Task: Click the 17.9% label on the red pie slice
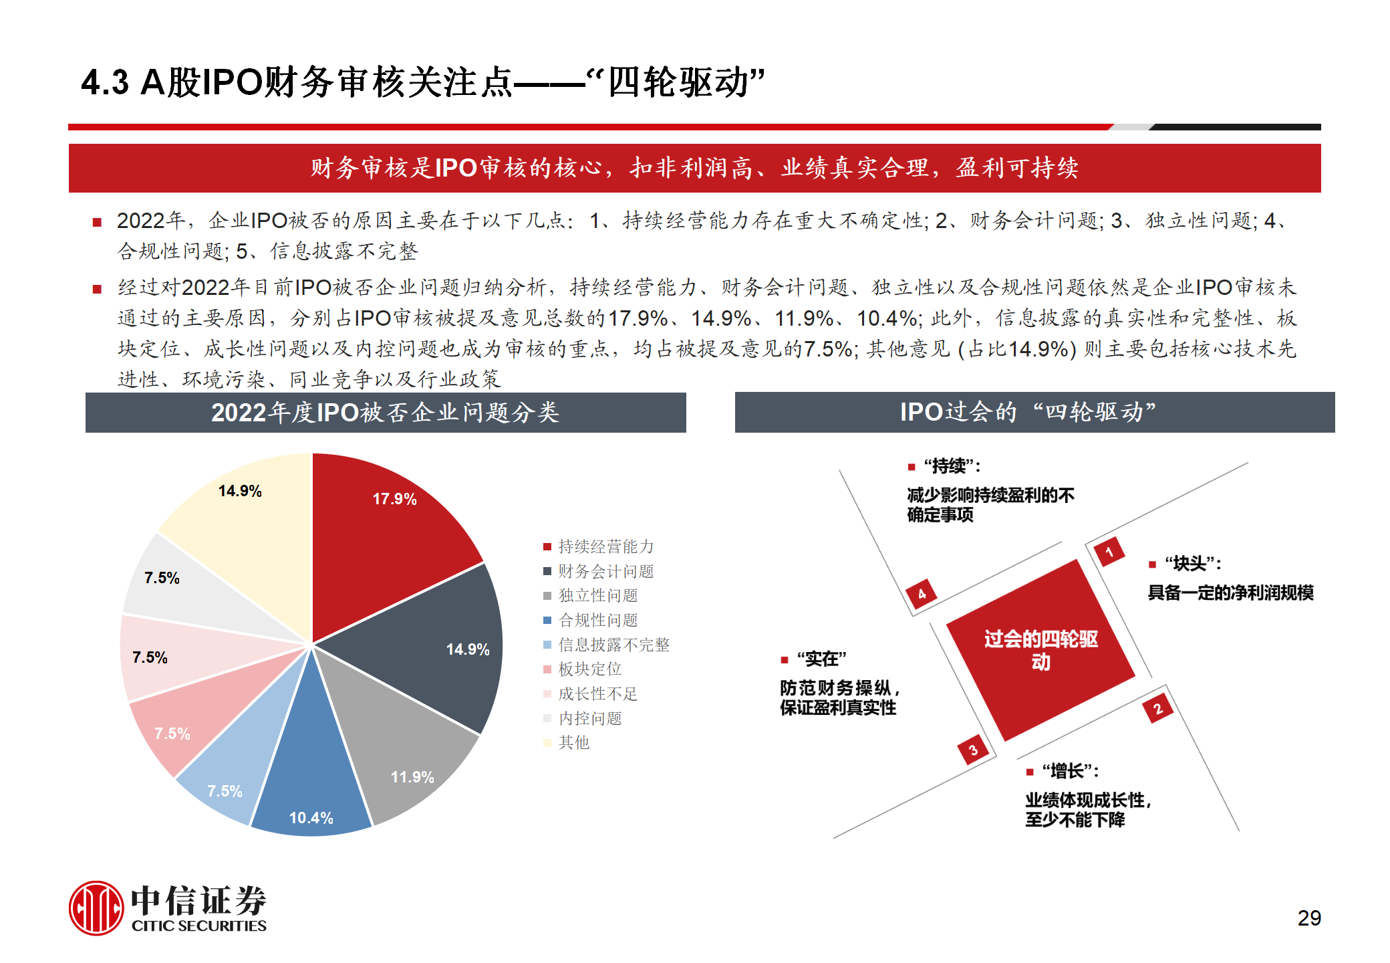coord(394,499)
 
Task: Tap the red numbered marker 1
coord(1109,552)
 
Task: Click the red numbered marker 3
coord(973,750)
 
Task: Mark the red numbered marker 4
coord(922,593)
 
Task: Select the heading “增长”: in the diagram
coord(1070,771)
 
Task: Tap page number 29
coord(1308,918)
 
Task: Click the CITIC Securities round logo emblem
coord(96,907)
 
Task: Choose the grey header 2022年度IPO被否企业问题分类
coord(386,413)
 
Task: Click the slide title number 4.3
coord(105,83)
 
